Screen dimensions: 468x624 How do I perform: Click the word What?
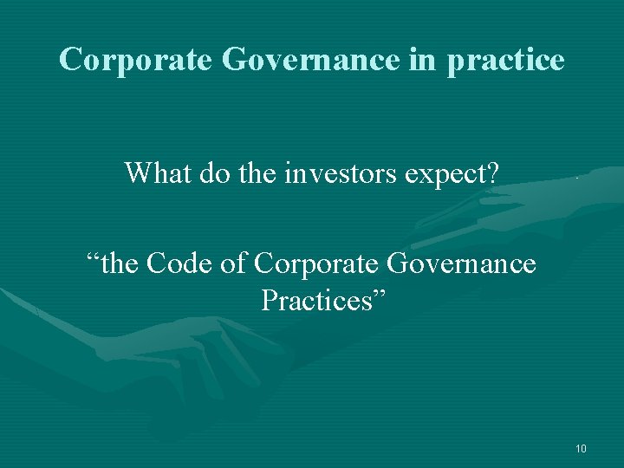point(157,173)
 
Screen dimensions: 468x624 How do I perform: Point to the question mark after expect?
point(491,173)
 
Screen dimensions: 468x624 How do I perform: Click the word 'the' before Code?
point(120,262)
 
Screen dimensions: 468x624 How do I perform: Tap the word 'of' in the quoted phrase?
point(235,262)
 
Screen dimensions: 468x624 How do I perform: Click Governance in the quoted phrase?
point(460,262)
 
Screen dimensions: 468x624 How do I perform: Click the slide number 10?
point(581,448)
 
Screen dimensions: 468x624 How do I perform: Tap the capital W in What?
point(138,173)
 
